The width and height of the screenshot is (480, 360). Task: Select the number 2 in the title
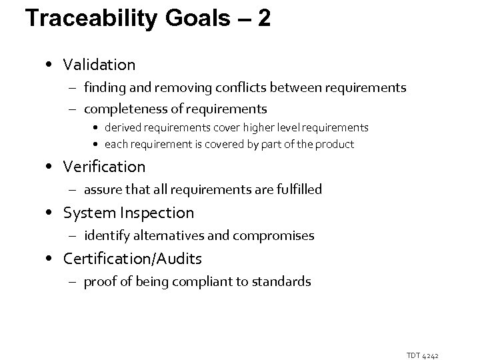click(264, 19)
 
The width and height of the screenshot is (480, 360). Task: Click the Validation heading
click(99, 65)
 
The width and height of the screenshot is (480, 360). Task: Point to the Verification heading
click(104, 166)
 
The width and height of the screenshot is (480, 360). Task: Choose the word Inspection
click(159, 213)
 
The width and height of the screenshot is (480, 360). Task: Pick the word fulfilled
click(295, 189)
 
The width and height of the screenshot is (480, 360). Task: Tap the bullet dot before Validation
click(52, 65)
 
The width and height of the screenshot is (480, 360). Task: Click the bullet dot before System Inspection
click(52, 213)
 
